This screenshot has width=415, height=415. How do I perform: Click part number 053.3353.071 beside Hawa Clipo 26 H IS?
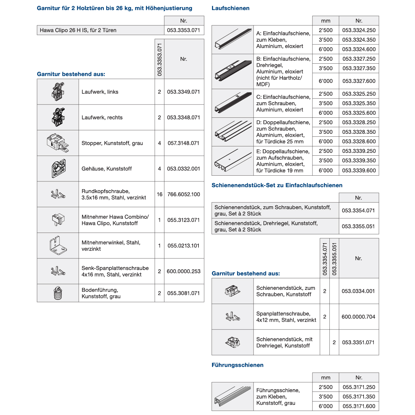tap(183, 30)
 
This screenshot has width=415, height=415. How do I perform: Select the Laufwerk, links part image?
tap(58, 92)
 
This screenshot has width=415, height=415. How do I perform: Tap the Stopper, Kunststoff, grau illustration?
tap(58, 143)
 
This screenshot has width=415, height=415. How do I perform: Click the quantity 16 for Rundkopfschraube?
tap(160, 194)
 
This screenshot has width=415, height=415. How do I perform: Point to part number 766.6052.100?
tap(183, 194)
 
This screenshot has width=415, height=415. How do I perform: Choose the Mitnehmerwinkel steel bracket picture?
tap(58, 246)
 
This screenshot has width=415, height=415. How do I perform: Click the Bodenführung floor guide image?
tap(58, 293)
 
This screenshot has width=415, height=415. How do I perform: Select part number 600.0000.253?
tap(183, 271)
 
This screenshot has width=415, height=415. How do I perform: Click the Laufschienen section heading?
tap(230, 8)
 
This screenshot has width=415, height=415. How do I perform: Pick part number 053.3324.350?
tap(359, 40)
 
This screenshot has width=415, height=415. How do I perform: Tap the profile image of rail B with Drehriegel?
tap(233, 71)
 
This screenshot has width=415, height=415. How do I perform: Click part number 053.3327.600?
tap(359, 81)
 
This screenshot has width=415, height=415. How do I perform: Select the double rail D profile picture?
tap(233, 132)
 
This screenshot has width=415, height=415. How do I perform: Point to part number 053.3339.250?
tap(359, 151)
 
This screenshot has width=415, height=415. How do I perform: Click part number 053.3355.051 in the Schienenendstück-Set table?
tap(358, 226)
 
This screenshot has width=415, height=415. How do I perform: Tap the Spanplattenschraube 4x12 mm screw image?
tap(233, 317)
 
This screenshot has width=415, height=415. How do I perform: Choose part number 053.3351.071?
tap(358, 343)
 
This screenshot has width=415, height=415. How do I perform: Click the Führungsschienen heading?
tap(237, 365)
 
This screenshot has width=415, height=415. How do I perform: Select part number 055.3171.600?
tap(359, 406)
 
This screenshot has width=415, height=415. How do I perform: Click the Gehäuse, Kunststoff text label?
tap(106, 169)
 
